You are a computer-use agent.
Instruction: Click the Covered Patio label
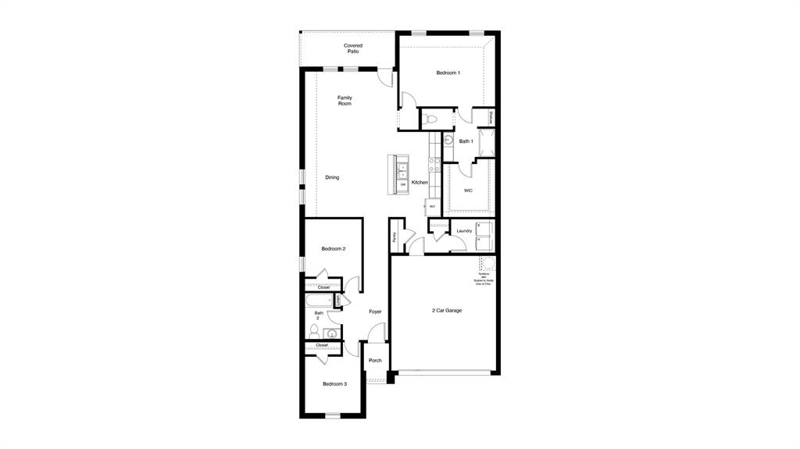[353, 48]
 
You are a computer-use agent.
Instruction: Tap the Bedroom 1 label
[448, 73]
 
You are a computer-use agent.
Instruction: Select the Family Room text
[345, 101]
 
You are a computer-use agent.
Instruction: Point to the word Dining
[332, 177]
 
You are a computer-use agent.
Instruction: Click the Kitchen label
[420, 183]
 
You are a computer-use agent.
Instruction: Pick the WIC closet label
[468, 190]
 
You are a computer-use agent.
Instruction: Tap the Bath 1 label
[466, 141]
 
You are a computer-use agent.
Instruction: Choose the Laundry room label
[464, 231]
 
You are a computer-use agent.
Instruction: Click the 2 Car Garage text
[447, 311]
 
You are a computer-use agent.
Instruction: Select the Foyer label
[376, 312]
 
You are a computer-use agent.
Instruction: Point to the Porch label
[376, 361]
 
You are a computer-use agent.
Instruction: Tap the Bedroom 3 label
[334, 383]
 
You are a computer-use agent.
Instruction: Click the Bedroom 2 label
[334, 248]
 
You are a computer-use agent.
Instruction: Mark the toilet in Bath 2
[314, 331]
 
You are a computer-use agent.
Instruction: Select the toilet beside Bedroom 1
[430, 120]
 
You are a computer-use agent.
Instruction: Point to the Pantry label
[395, 237]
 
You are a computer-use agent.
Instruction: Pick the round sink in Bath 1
[448, 141]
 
